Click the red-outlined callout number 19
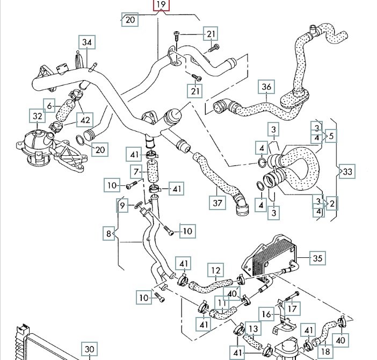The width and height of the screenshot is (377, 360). click(x=161, y=6)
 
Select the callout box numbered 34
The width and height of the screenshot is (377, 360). click(x=87, y=42)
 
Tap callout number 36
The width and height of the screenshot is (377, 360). click(x=267, y=87)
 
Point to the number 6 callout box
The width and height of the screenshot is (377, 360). click(x=50, y=106)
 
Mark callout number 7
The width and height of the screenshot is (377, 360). click(x=137, y=172)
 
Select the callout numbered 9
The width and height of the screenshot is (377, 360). click(x=123, y=205)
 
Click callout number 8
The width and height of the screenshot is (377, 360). click(x=110, y=234)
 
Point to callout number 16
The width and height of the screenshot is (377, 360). click(x=267, y=313)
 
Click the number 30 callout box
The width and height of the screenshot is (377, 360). click(x=90, y=349)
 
